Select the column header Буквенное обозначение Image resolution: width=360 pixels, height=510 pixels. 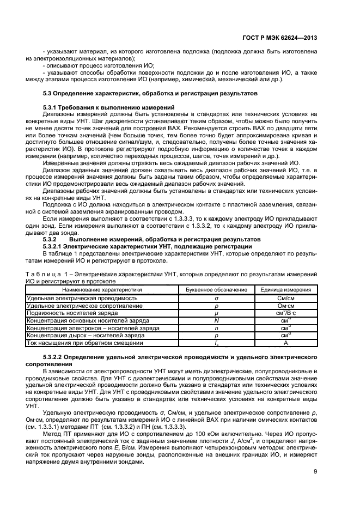(216, 290)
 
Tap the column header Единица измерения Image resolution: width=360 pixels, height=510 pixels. (286, 290)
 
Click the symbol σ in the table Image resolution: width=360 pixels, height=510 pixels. (216, 298)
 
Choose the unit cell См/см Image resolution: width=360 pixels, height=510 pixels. (286, 298)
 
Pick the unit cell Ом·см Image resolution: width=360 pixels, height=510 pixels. (286, 306)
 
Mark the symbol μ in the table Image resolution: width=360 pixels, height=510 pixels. (216, 313)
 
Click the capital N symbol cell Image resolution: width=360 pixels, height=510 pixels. (216, 321)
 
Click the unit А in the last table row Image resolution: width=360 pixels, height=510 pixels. (286, 344)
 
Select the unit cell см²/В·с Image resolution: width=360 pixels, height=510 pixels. (286, 313)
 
